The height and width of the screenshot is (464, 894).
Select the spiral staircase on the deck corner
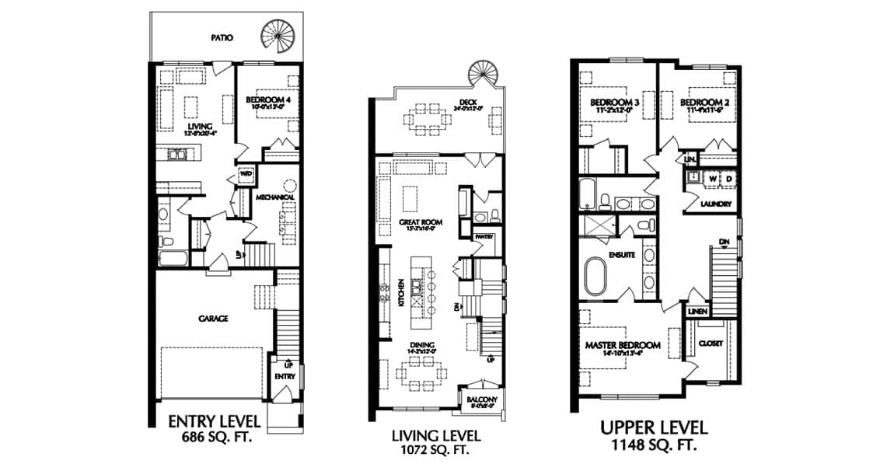point(480,76)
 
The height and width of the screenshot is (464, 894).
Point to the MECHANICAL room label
point(277,197)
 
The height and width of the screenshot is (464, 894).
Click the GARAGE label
point(211,318)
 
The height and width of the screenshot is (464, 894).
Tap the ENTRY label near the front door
point(284,377)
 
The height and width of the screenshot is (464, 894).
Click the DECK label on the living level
point(447,101)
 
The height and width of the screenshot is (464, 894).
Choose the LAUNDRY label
point(715,204)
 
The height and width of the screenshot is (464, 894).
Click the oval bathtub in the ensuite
point(596,275)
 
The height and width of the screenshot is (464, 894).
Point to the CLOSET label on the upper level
point(711,342)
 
